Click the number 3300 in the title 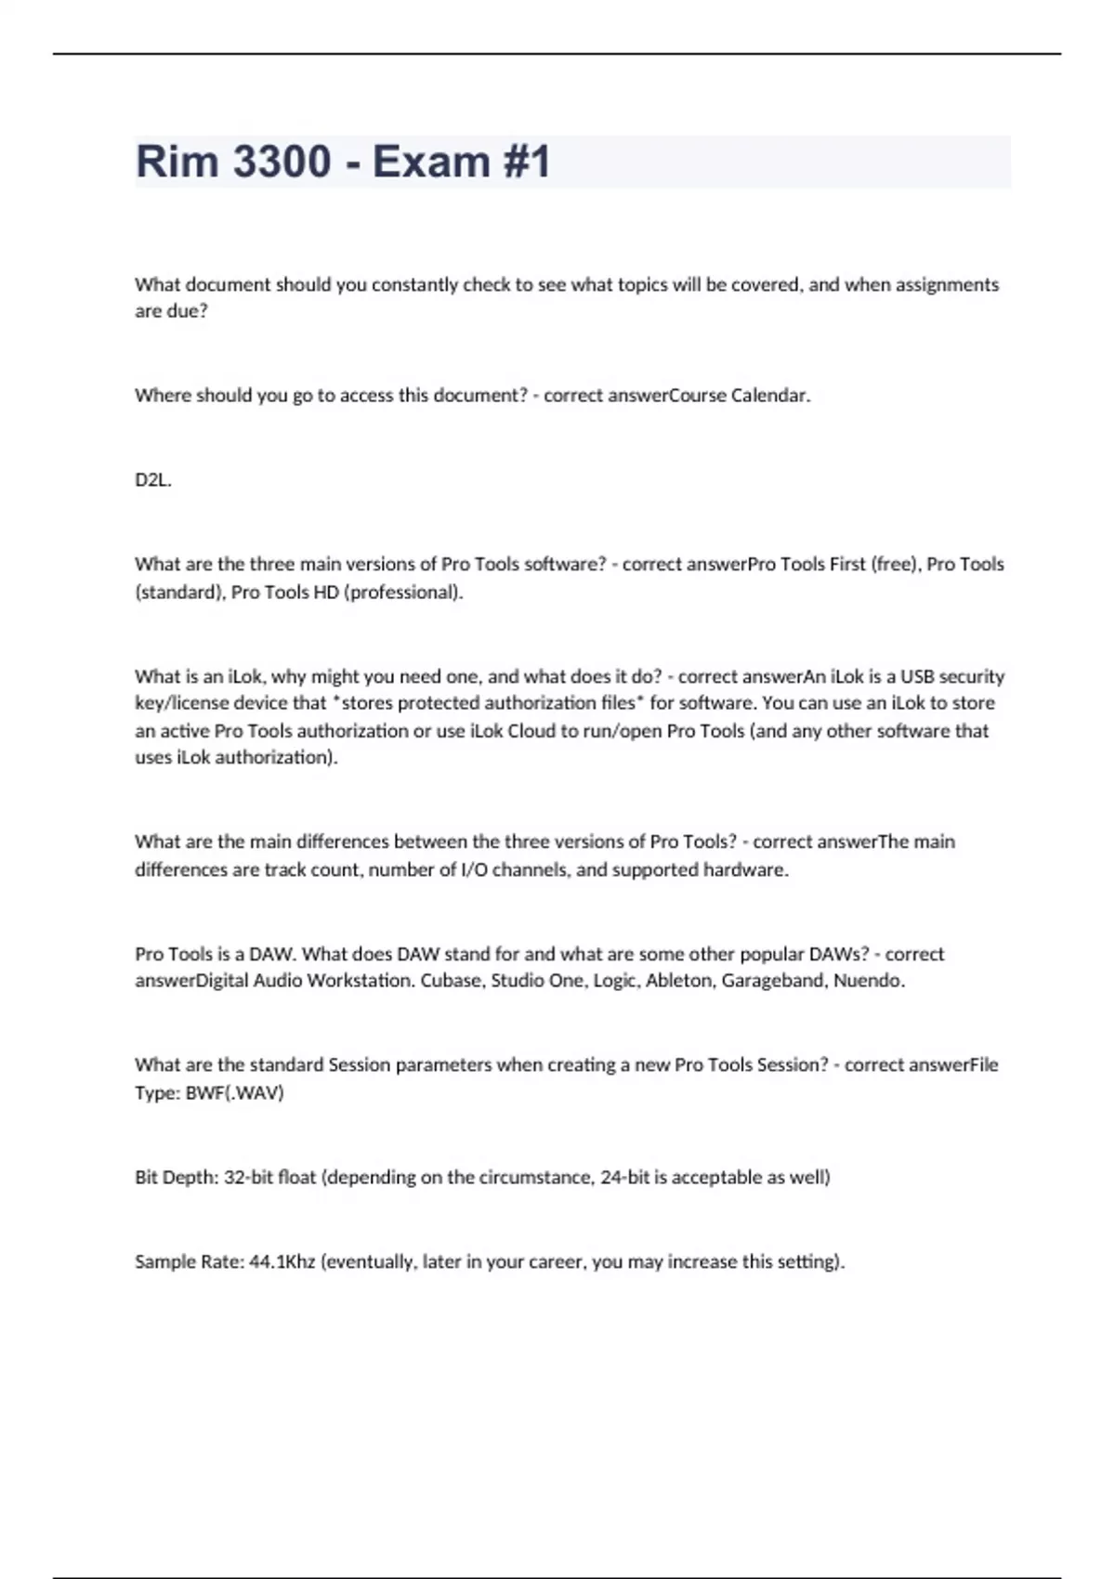[x=281, y=162]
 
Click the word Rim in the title [x=177, y=162]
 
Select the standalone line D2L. [x=153, y=480]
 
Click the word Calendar [x=770, y=396]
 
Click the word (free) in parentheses [x=895, y=565]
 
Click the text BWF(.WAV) [x=234, y=1093]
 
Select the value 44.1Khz [x=282, y=1262]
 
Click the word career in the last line [x=557, y=1262]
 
